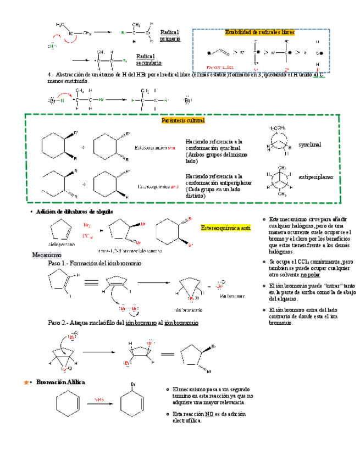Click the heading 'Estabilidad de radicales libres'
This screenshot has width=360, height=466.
coord(259,32)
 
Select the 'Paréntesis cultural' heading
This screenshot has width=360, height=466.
coord(183,120)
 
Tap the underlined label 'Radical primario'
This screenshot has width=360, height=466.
coord(170,36)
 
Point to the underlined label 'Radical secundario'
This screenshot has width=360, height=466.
coord(149,59)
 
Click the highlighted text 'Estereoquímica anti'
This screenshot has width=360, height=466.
coord(226,228)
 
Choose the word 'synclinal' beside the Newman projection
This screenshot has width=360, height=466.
coord(309,144)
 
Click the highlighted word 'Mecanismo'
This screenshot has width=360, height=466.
coord(46,255)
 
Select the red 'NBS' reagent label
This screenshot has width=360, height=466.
coord(99,400)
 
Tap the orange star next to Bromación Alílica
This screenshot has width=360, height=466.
coord(25,382)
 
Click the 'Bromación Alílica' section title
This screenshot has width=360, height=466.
coord(60,382)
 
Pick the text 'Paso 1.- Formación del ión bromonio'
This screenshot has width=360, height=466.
coord(95,264)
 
